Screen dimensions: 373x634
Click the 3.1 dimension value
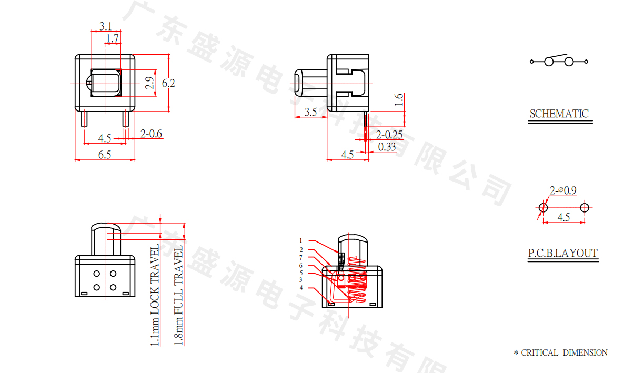pyautogui.click(x=105, y=26)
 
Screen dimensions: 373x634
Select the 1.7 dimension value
pyautogui.click(x=112, y=38)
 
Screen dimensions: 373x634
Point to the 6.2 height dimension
pyautogui.click(x=168, y=83)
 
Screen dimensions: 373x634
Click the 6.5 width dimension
pyautogui.click(x=105, y=154)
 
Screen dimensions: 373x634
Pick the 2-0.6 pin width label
pyautogui.click(x=152, y=134)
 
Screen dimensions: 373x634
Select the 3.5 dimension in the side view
pyautogui.click(x=310, y=112)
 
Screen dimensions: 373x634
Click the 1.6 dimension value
pyautogui.click(x=399, y=99)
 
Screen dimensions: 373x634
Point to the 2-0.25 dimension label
pyautogui.click(x=389, y=135)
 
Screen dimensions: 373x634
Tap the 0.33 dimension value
pyautogui.click(x=387, y=147)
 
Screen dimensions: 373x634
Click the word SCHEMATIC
pyautogui.click(x=559, y=114)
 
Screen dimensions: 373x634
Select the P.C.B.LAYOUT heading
pyautogui.click(x=563, y=254)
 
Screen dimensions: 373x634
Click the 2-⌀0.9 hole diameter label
pyautogui.click(x=563, y=190)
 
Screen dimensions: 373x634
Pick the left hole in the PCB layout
pyautogui.click(x=544, y=207)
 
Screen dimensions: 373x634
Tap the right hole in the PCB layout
pyautogui.click(x=584, y=207)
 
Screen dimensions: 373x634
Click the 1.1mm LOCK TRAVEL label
pyautogui.click(x=155, y=295)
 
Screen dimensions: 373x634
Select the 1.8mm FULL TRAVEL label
pyautogui.click(x=178, y=295)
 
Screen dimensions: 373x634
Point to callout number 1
pyautogui.click(x=301, y=240)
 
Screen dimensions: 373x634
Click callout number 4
pyautogui.click(x=301, y=288)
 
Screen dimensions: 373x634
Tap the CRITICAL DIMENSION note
pyautogui.click(x=560, y=353)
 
